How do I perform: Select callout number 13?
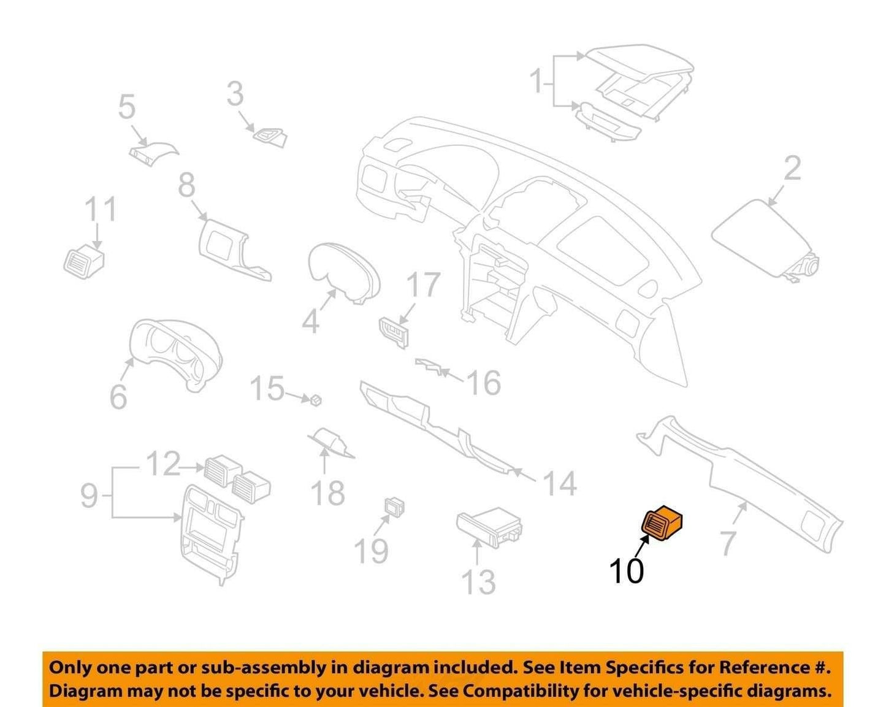478,583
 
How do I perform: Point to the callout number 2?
793,168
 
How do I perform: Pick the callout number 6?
118,397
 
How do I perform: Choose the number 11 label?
101,210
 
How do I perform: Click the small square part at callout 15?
316,400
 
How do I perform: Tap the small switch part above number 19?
394,507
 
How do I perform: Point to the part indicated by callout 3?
270,137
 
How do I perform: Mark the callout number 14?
559,483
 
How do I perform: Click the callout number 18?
327,492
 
